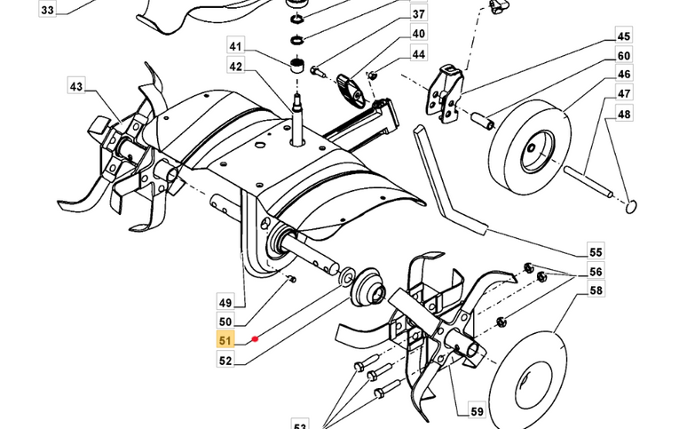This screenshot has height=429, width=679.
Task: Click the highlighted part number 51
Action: click(x=225, y=338)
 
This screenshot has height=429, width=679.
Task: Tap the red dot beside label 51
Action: click(x=255, y=338)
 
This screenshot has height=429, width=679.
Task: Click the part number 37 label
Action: click(x=418, y=15)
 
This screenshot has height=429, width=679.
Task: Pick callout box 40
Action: click(x=418, y=34)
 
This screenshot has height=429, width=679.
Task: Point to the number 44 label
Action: click(x=418, y=54)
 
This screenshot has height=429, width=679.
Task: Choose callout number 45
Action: click(x=624, y=36)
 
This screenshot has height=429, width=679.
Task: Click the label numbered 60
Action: click(x=624, y=56)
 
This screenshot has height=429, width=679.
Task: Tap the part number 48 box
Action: click(x=624, y=114)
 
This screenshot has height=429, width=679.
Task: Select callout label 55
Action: click(x=596, y=251)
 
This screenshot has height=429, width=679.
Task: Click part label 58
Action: click(x=596, y=290)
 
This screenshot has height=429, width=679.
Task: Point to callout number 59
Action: click(x=478, y=411)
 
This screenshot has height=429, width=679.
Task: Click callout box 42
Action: click(x=235, y=66)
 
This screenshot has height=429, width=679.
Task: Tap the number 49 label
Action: click(x=225, y=302)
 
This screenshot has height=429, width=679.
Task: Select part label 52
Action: click(x=225, y=361)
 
